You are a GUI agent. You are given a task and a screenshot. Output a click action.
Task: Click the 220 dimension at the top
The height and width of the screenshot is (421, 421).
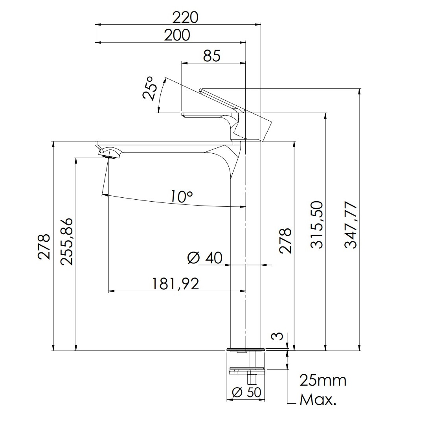185,18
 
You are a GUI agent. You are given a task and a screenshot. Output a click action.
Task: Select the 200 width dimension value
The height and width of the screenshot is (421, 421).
177,35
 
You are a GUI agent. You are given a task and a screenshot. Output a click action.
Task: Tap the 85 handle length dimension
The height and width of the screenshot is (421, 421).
211,56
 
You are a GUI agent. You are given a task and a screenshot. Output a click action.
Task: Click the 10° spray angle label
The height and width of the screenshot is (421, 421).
182,197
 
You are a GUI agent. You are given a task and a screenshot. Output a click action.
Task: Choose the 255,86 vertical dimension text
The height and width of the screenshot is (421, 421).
66,242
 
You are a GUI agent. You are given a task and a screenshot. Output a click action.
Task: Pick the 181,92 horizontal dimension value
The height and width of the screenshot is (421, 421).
176,284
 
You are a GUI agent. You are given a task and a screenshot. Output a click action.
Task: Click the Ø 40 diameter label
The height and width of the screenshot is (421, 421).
205,258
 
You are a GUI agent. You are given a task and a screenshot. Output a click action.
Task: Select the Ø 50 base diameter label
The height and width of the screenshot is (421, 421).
246,392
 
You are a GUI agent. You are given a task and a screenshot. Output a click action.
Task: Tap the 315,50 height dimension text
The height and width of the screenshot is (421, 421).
316,225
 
